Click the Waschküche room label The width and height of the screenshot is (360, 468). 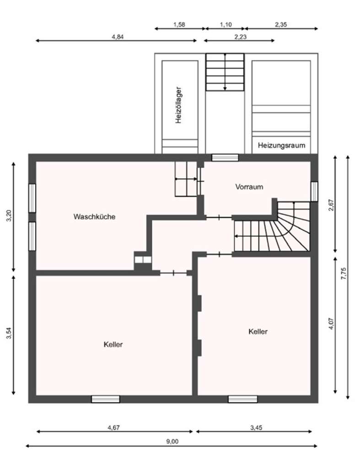(94, 217)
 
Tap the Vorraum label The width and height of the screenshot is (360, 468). (249, 186)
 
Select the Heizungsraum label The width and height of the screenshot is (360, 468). (281, 146)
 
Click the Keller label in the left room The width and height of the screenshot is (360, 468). (113, 345)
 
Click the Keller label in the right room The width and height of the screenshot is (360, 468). (258, 331)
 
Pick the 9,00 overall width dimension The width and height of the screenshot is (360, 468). (172, 441)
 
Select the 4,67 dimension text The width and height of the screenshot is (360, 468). (114, 427)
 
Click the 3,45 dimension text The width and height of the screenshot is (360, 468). (256, 427)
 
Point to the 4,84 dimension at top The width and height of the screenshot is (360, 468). (117, 37)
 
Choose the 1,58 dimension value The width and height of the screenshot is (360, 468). (179, 25)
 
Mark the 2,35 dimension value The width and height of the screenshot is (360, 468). (281, 25)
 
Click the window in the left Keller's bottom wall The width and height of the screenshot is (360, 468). (106, 399)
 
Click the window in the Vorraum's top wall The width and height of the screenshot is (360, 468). (225, 158)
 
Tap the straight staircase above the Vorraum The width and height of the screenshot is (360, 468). (225, 72)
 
